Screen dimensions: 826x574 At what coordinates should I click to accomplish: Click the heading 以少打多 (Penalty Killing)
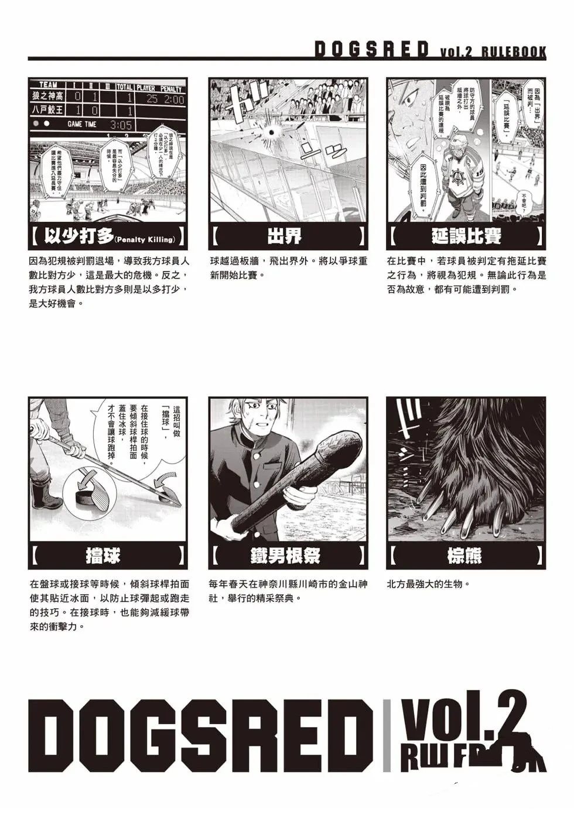(108, 237)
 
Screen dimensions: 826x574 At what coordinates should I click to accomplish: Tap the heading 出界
(288, 237)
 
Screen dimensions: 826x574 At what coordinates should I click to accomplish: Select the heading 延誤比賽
(466, 237)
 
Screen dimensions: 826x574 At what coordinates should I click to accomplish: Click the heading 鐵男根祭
(288, 556)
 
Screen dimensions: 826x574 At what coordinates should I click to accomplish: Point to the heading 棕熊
(466, 556)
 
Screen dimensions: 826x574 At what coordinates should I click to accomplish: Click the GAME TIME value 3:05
(121, 125)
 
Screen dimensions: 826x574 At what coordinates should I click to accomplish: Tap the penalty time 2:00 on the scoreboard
(173, 100)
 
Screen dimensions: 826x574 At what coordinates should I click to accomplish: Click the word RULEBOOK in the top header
(514, 52)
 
